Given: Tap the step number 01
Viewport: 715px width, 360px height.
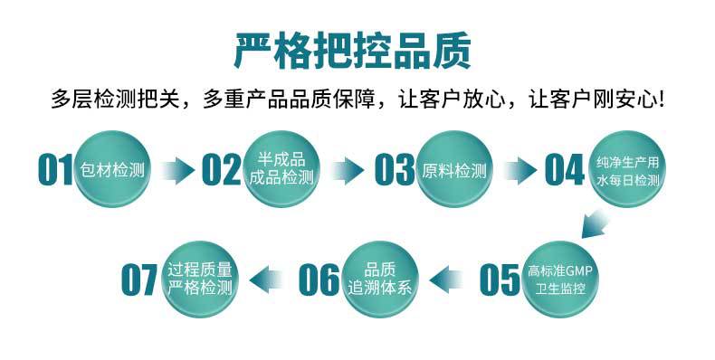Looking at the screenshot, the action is click(55, 170).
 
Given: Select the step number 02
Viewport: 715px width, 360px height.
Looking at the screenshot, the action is click(222, 170).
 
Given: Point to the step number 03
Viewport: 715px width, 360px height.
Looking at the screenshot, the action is click(393, 170).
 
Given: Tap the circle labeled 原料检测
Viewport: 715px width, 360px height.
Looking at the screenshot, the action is click(455, 170).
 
